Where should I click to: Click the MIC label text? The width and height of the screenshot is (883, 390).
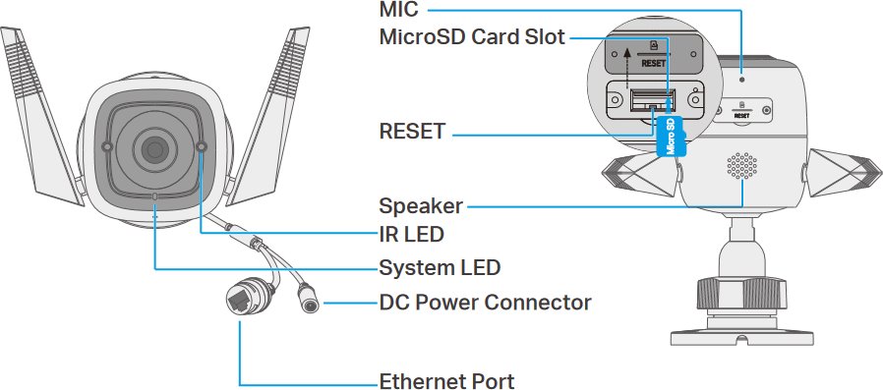click(x=398, y=9)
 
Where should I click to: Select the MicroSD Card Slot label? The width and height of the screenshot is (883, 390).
click(x=472, y=37)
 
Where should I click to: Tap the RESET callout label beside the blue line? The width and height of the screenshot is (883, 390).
click(x=412, y=132)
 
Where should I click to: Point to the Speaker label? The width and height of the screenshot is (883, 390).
click(x=421, y=206)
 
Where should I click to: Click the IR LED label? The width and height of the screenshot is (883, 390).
click(x=411, y=234)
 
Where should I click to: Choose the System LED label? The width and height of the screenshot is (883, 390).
click(x=440, y=268)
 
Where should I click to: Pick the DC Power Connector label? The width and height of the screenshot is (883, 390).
click(x=485, y=303)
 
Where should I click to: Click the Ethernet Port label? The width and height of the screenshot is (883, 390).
click(x=446, y=381)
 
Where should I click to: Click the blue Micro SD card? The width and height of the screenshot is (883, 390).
click(x=671, y=137)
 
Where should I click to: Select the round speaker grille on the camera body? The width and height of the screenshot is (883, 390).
click(x=741, y=165)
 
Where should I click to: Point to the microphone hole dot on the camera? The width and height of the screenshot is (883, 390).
click(x=741, y=80)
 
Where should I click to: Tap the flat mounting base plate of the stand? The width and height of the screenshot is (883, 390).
click(x=741, y=337)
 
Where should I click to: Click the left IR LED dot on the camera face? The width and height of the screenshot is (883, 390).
click(x=106, y=146)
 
